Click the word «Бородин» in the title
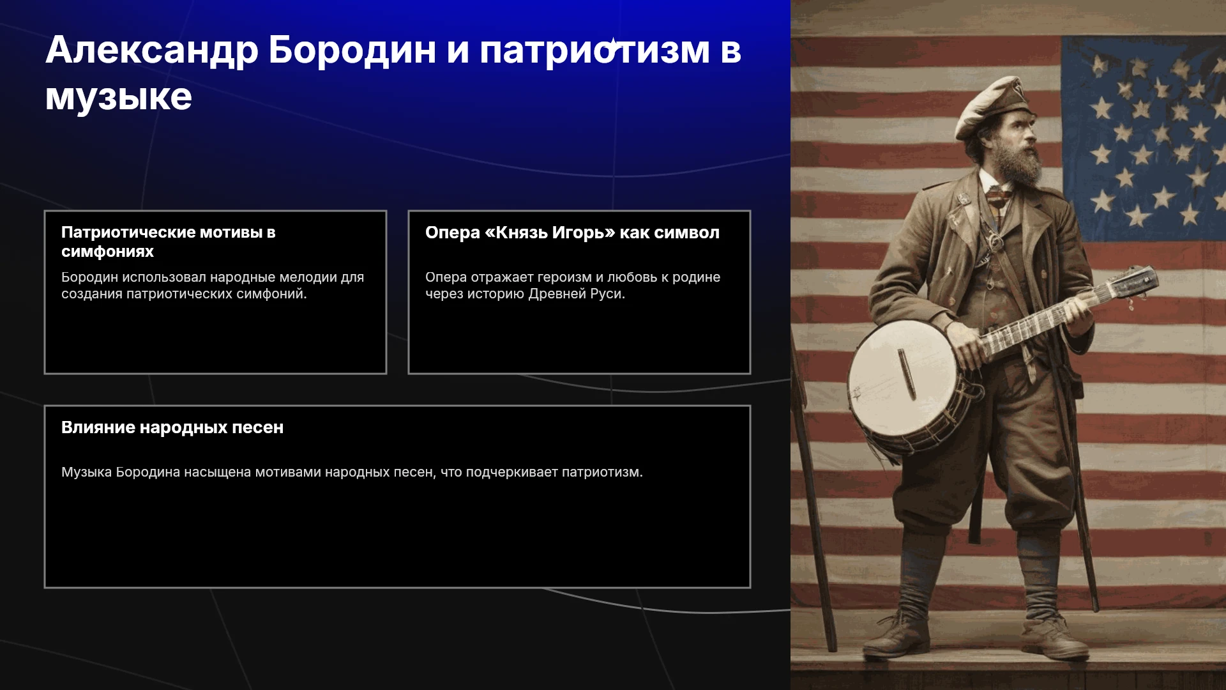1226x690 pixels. tap(352, 50)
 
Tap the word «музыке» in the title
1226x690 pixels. tap(118, 97)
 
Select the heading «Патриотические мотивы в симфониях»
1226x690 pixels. tap(169, 242)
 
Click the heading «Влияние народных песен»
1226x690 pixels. tap(172, 427)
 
